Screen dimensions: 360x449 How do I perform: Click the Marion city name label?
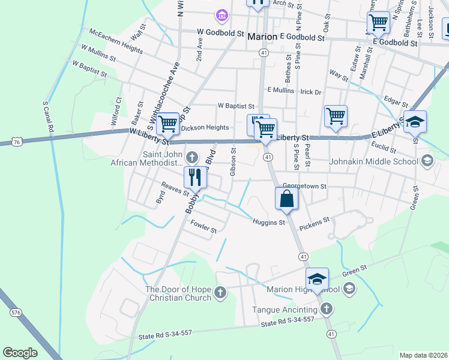(x=262, y=37)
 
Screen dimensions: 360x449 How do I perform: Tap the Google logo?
(x=20, y=353)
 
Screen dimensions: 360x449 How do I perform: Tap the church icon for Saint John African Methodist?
(x=191, y=158)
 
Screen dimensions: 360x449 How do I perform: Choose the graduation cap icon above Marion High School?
(x=317, y=278)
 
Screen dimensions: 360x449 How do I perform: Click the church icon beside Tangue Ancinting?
(x=326, y=309)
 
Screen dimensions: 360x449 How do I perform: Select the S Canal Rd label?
(x=47, y=116)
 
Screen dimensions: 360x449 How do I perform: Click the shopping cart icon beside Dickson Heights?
(x=169, y=124)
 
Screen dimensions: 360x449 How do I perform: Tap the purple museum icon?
(x=221, y=14)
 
